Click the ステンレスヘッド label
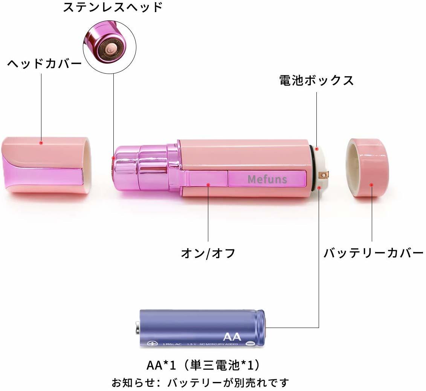tap(113, 8)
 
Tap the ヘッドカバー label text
tap(44, 63)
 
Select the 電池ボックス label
tap(316, 80)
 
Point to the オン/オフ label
tap(208, 253)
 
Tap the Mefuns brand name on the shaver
tap(267, 179)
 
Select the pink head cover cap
tap(47, 165)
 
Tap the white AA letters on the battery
tap(231, 336)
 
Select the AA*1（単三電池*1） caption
tap(203, 365)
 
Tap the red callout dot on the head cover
tap(41, 143)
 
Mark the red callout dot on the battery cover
tap(371, 185)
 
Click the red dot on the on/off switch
tap(208, 184)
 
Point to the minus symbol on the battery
tap(249, 343)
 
